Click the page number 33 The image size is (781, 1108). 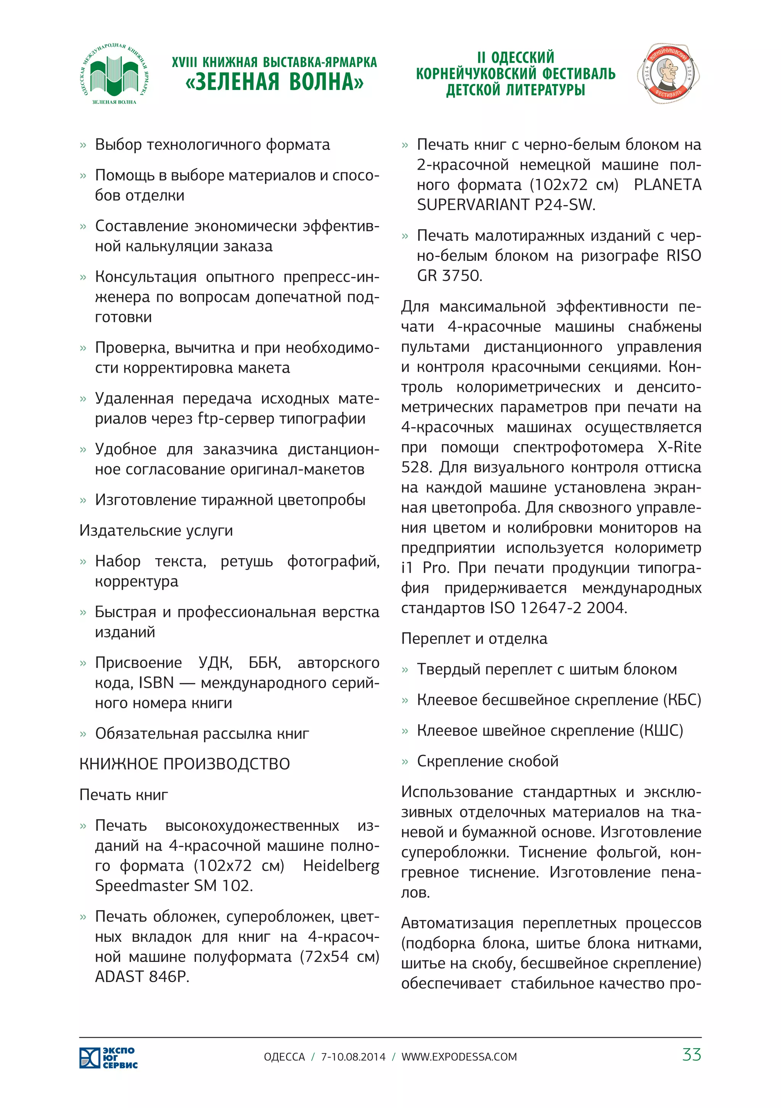click(691, 1055)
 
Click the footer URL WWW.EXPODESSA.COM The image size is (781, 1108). click(459, 1057)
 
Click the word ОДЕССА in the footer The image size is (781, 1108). click(284, 1057)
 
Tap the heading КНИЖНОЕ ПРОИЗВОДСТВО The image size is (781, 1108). click(185, 764)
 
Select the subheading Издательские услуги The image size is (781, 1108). click(156, 530)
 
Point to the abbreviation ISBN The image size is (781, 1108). click(156, 682)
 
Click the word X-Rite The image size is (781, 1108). click(679, 447)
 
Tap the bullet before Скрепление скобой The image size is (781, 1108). click(405, 762)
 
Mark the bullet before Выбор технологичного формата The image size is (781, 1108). click(83, 145)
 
